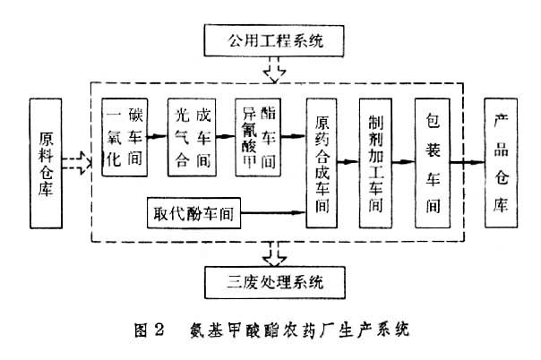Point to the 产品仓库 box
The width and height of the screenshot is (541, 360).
[500, 163]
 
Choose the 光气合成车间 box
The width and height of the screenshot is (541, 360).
[191, 137]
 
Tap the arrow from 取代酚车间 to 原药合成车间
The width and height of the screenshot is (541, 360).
[274, 214]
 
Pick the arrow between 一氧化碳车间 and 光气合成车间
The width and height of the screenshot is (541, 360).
[158, 137]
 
